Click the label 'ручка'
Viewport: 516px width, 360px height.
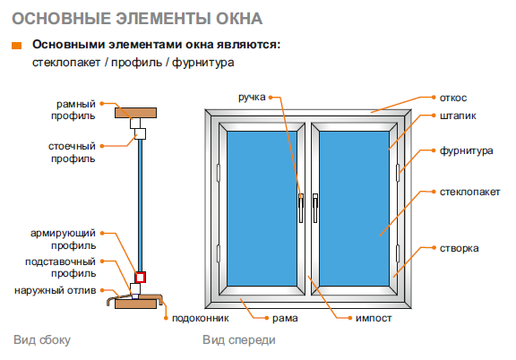(252, 98)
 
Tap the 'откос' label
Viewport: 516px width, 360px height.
(453, 98)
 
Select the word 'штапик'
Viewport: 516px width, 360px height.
(458, 116)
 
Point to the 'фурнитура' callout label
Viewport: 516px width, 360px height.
(467, 150)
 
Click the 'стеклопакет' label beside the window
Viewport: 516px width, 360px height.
(469, 192)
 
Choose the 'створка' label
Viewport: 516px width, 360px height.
(459, 248)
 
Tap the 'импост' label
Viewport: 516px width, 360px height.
(374, 318)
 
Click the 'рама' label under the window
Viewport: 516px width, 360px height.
(285, 318)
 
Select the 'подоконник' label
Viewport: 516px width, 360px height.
(201, 318)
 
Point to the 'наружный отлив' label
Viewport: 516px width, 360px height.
(56, 290)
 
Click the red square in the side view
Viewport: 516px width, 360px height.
(140, 278)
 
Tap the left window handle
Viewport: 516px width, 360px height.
(301, 208)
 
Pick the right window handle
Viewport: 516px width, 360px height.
(315, 208)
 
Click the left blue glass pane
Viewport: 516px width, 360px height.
(262, 209)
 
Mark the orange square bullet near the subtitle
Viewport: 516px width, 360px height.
(16, 46)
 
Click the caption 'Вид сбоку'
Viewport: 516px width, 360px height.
(42, 340)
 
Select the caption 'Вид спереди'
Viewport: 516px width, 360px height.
(239, 340)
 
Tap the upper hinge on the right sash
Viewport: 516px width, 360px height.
(398, 173)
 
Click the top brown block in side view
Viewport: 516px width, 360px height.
(135, 113)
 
